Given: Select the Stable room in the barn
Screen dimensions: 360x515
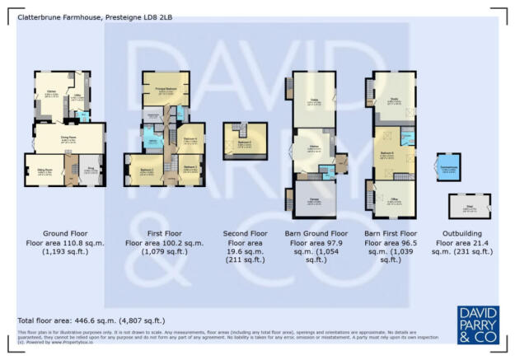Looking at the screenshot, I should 313,103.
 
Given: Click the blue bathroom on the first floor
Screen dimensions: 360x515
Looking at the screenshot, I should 152,140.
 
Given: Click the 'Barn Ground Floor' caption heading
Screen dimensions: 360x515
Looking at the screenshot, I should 315,233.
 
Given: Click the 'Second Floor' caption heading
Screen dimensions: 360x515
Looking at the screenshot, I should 246,233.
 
